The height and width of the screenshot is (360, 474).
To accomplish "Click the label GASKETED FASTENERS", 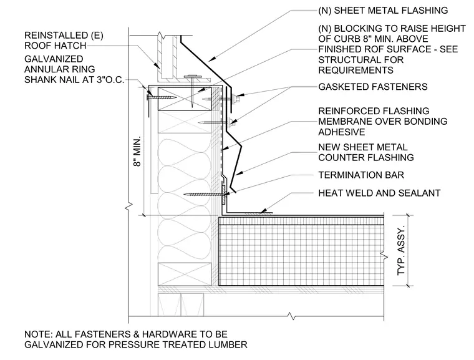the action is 373,87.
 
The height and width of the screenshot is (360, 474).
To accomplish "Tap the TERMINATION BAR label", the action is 361,175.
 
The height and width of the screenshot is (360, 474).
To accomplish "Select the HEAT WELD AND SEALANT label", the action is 379,193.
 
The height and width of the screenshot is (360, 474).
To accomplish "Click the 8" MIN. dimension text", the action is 137,151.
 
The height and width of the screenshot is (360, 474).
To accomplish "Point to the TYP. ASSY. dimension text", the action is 400,250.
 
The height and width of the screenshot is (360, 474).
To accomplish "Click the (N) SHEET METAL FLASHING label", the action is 383,10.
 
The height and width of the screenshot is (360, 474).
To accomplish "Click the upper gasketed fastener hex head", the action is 237,98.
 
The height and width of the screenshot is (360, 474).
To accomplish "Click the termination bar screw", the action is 203,194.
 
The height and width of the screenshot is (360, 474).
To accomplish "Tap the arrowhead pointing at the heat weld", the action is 264,210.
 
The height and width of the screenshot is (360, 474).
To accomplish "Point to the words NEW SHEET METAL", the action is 363,147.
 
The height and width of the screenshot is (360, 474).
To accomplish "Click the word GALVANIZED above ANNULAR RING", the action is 54,59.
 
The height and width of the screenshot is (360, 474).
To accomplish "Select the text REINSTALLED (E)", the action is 64,36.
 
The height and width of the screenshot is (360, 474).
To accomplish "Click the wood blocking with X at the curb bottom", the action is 185,274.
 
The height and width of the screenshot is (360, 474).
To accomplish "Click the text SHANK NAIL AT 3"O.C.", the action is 74,80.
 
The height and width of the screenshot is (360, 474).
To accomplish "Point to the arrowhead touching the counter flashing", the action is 239,173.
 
